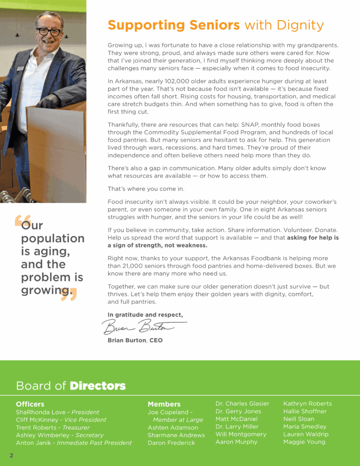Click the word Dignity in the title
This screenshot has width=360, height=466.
(300, 25)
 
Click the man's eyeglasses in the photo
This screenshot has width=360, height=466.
(49, 32)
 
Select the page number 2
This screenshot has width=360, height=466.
(11, 455)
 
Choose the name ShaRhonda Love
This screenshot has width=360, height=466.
(40, 412)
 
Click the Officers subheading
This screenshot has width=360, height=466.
(30, 404)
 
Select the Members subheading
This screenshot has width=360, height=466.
(164, 404)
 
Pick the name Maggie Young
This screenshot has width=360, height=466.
(304, 442)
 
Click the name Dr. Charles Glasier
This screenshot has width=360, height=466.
(242, 404)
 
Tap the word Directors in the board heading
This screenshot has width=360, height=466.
(97, 386)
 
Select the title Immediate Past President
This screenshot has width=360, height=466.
(94, 443)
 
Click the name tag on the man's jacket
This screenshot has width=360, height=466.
(20, 69)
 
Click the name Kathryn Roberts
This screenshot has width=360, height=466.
(308, 404)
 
